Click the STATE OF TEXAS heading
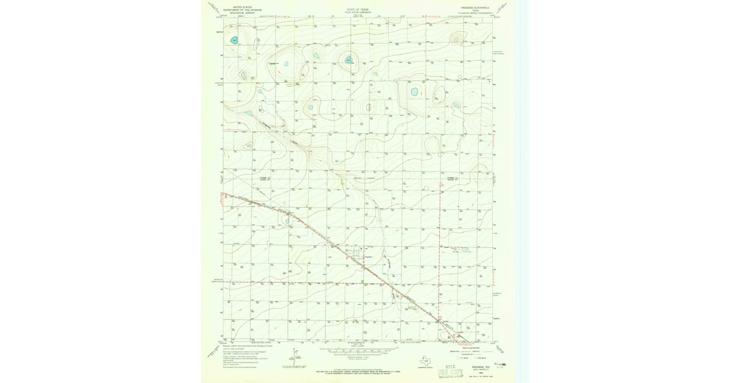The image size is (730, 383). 358,10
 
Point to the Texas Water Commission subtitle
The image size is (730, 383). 358,13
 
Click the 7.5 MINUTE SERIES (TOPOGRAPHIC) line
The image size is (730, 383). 473,13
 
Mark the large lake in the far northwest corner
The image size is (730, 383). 234,41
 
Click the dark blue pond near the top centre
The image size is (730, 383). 349,60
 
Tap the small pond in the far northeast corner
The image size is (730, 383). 456,41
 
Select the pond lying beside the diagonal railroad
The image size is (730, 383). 287,221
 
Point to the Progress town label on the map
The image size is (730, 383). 367,256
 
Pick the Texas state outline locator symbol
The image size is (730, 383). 426,363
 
